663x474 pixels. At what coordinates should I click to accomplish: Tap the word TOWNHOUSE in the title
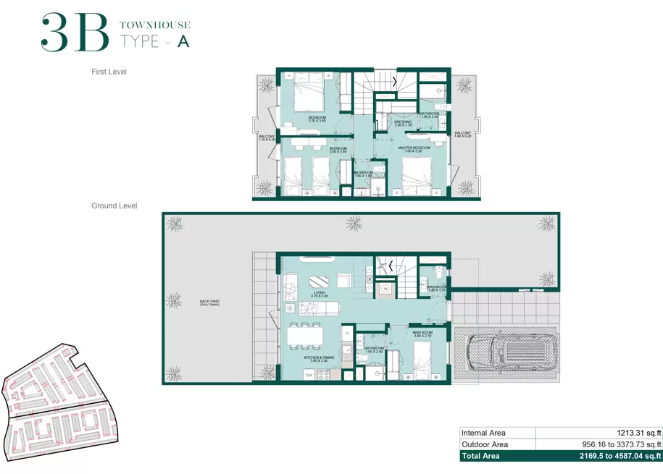point(154,25)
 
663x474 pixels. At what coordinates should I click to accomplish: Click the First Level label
point(109,72)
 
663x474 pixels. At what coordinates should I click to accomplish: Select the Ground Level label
point(114,206)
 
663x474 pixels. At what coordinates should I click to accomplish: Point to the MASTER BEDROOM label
point(414,149)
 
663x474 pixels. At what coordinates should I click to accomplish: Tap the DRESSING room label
point(403,123)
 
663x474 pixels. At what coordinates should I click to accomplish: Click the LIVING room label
point(320,294)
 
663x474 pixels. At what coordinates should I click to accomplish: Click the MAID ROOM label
point(422,334)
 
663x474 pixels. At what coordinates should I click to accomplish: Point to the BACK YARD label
point(210,302)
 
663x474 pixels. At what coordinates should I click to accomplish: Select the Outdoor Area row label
point(485,444)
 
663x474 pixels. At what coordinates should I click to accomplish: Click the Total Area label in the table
point(481,456)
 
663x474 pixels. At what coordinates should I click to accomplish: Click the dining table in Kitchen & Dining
point(305,337)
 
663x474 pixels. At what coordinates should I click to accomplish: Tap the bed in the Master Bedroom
point(414,176)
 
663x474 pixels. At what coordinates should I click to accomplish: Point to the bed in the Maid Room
point(423,360)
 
